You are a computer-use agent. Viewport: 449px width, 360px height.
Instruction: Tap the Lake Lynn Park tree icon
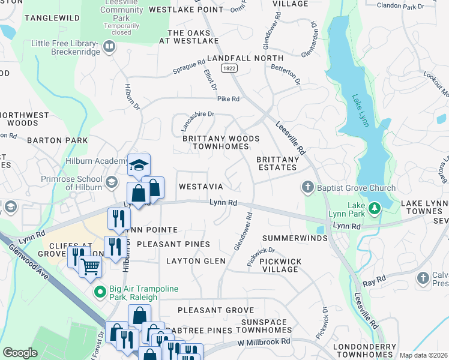click(375, 209)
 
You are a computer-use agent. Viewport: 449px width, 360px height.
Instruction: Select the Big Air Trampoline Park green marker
click(101, 293)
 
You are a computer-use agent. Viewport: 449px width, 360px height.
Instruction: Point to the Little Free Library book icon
click(109, 47)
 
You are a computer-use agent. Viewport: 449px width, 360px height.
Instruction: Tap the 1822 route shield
click(232, 69)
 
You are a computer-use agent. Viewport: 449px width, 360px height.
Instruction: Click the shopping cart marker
click(90, 265)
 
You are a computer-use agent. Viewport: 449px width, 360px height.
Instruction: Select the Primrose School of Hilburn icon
click(111, 182)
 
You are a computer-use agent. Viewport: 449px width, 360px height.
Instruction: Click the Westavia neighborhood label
click(201, 187)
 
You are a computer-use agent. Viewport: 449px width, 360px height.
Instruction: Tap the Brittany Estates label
click(277, 164)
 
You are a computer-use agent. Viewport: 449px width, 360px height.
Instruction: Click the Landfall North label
click(245, 58)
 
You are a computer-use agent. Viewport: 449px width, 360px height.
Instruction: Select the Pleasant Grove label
click(216, 311)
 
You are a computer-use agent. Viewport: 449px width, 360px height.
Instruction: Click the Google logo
click(20, 353)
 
